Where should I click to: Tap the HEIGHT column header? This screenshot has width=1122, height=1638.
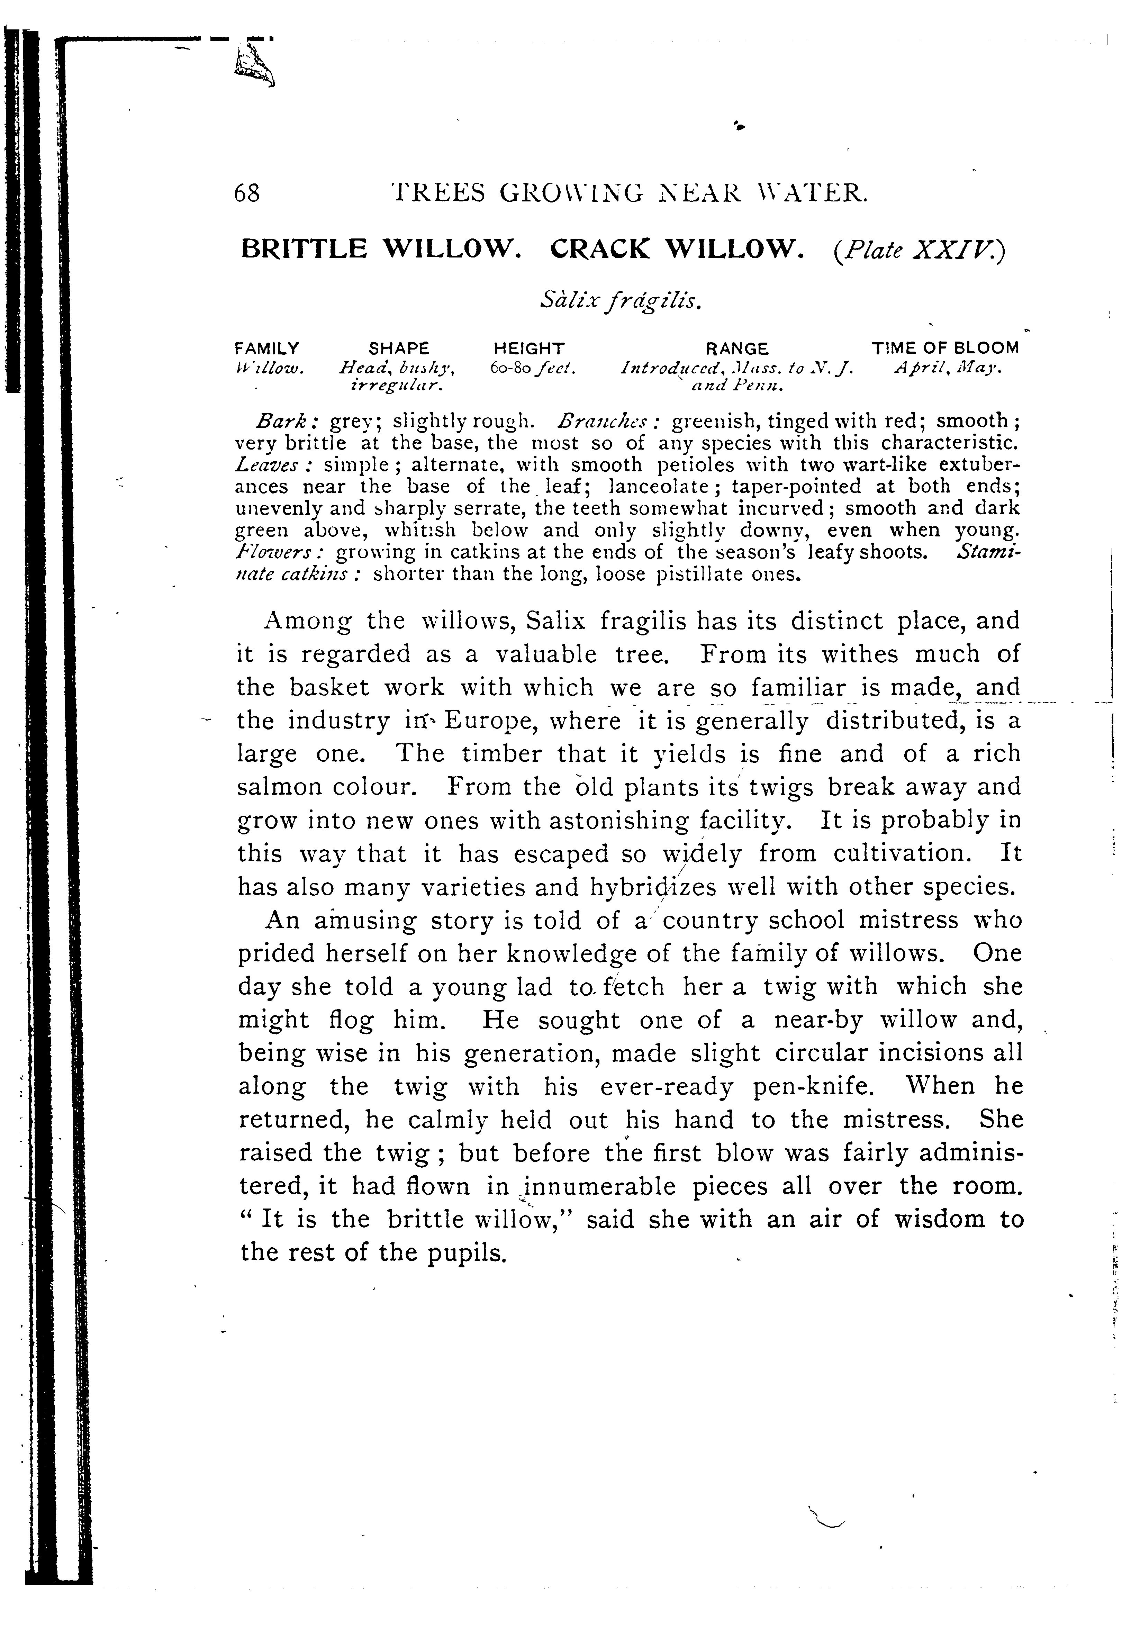coord(529,348)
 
